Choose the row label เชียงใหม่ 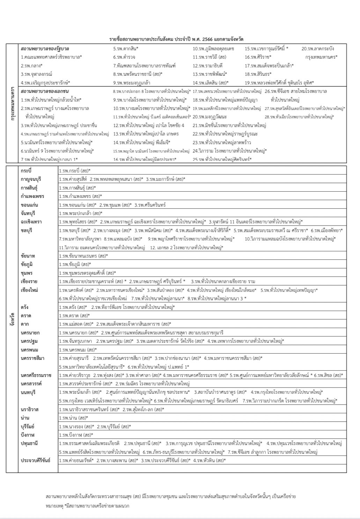(x=29, y=290)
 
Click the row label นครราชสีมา (x=32, y=358)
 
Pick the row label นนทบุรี (x=28, y=392)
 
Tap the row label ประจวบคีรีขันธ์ (x=35, y=460)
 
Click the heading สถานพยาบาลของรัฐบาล (x=45, y=49)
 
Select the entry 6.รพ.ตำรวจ (x=124, y=57)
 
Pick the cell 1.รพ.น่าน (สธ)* (x=73, y=418)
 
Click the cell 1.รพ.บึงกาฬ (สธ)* (x=75, y=435)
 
